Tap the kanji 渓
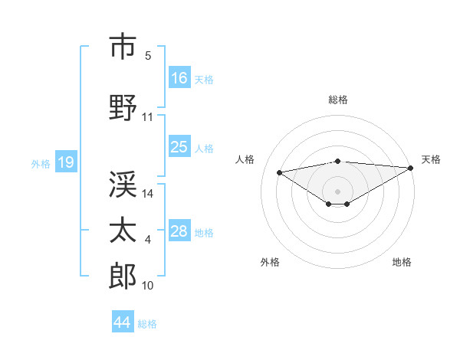coord(123,184)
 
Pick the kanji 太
coord(123,230)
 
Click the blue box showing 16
coord(179,77)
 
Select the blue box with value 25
coord(179,147)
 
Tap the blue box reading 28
coord(179,231)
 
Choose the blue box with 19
coord(65,162)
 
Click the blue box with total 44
coord(123,322)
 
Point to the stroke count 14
coord(148,194)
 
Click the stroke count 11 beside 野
coord(148,117)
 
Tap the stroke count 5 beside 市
coord(148,56)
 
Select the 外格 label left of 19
coord(41,163)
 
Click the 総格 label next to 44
coord(147,324)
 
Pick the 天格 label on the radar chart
coord(431,159)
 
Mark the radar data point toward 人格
coord(280,172)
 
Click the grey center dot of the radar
coord(337,191)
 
